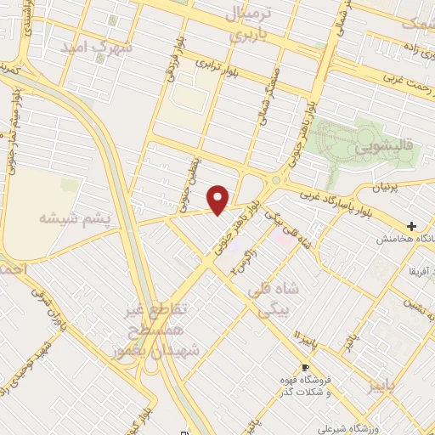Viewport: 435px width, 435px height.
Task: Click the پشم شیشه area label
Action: (x=75, y=218)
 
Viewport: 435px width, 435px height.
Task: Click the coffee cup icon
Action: (x=305, y=367)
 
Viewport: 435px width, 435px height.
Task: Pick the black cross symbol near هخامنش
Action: (x=412, y=227)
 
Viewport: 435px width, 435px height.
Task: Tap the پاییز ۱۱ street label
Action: (x=301, y=339)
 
